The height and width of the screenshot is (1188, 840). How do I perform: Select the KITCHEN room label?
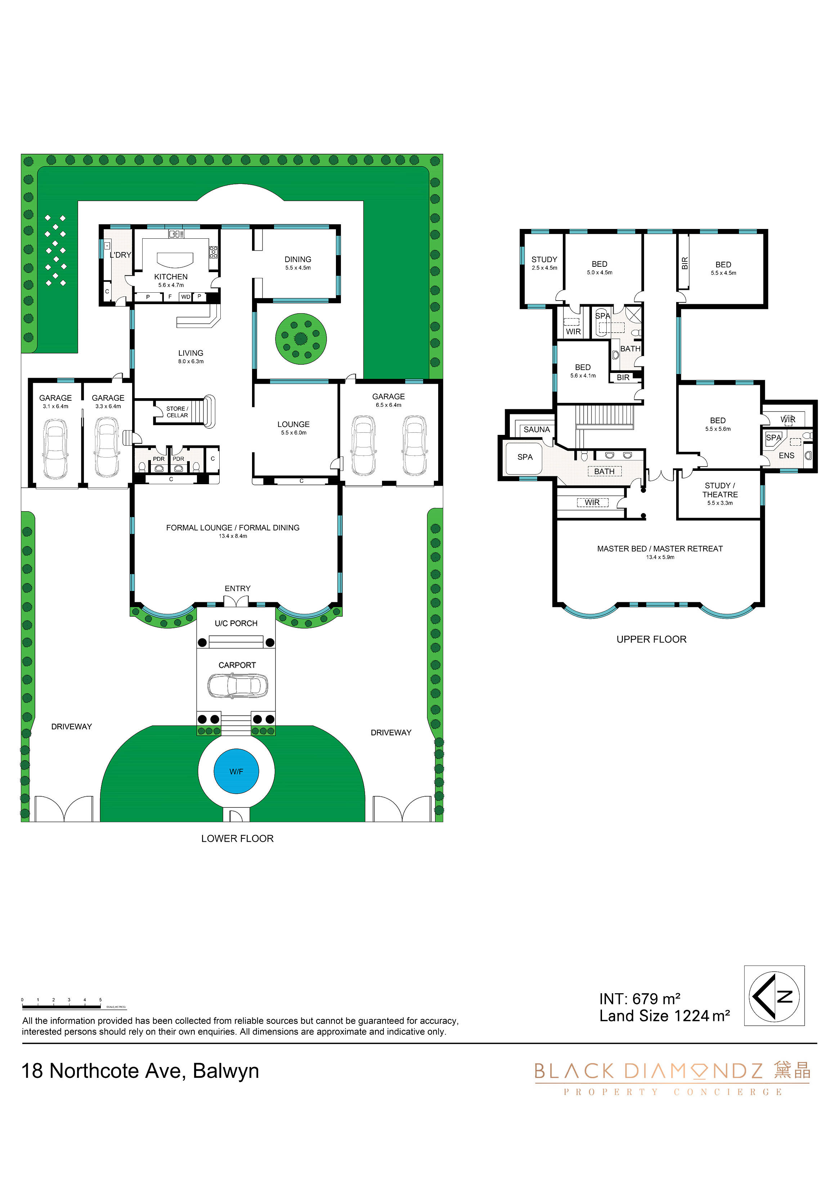click(171, 277)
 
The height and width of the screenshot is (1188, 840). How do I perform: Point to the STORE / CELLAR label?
click(177, 412)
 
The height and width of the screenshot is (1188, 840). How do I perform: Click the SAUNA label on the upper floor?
click(537, 429)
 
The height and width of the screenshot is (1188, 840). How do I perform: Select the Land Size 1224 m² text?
click(665, 1016)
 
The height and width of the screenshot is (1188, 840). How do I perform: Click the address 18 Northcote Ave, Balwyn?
click(140, 1071)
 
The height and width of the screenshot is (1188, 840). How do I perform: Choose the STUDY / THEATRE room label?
click(720, 490)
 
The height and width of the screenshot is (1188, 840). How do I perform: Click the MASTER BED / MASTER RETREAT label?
click(660, 549)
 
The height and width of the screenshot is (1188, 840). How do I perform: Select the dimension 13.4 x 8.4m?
click(233, 536)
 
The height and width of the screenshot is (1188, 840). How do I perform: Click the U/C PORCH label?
click(236, 624)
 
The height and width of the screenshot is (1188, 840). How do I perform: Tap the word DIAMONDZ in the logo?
click(693, 1071)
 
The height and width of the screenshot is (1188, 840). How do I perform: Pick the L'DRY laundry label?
click(120, 255)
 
